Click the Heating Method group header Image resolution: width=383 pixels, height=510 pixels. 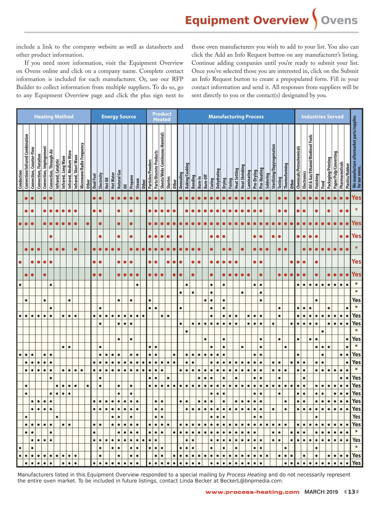[54, 117]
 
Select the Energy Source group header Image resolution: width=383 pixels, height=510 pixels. [118, 117]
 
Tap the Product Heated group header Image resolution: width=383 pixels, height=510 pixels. [162, 117]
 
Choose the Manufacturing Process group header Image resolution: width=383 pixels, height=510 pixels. [236, 117]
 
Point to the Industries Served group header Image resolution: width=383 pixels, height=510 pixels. [322, 117]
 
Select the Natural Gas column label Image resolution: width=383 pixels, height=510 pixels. [119, 179]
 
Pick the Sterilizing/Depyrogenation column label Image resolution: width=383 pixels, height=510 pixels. [273, 166]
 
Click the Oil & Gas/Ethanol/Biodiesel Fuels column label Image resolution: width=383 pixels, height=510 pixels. [310, 162]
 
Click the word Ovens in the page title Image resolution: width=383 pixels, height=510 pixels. [339, 20]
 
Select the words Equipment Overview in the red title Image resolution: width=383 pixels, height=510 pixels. [247, 20]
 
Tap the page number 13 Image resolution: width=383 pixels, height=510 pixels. [351, 492]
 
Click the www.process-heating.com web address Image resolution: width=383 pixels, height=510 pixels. [252, 492]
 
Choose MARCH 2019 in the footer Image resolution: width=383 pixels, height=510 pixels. [321, 492]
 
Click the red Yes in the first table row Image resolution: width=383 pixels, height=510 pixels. [356, 198]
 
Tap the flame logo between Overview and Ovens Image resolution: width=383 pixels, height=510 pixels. [315, 19]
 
